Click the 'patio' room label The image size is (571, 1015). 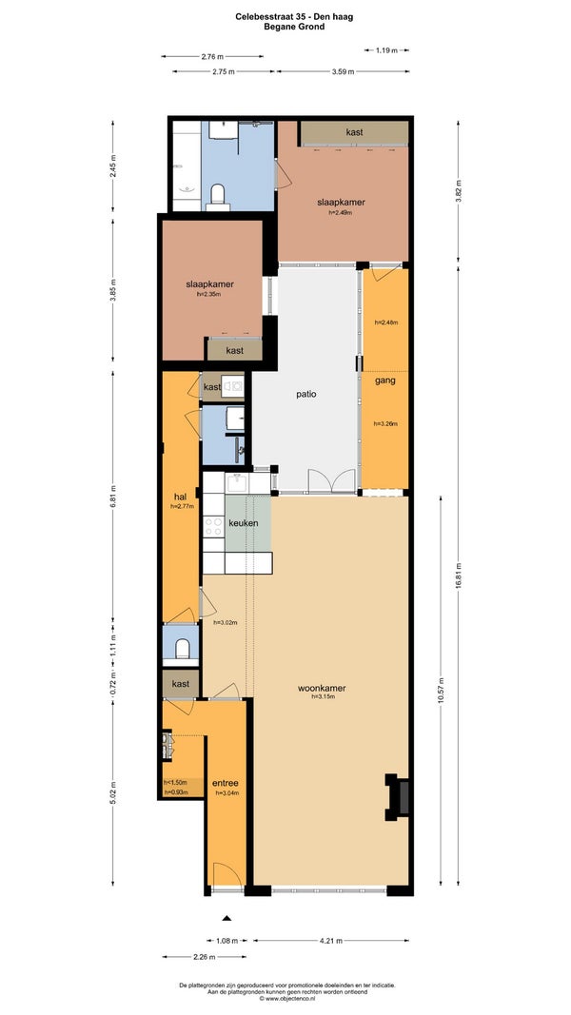click(306, 394)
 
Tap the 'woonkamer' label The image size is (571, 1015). click(322, 688)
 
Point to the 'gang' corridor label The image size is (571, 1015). click(385, 381)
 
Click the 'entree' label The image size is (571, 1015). click(226, 783)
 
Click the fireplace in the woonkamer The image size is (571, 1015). click(398, 797)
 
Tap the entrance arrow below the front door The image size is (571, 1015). click(226, 917)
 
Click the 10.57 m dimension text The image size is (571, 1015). click(441, 691)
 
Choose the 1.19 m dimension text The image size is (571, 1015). click(385, 49)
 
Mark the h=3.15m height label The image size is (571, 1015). click(323, 697)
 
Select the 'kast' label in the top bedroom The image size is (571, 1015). click(354, 132)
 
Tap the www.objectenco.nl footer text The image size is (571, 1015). click(286, 999)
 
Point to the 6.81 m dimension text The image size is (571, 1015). click(112, 498)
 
